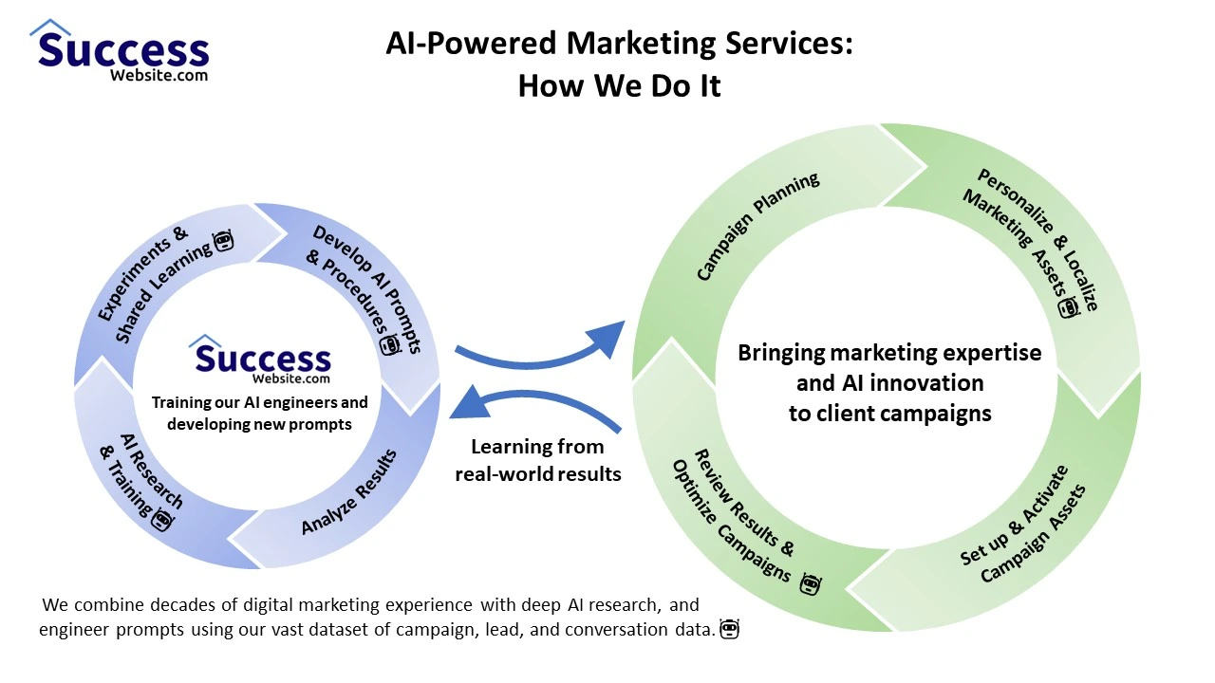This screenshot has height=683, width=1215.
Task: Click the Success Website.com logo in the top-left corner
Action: tap(120, 52)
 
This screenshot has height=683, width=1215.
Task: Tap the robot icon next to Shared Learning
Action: tap(223, 242)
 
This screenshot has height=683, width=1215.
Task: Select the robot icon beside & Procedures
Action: tap(390, 344)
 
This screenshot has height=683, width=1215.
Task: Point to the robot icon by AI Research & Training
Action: tap(162, 519)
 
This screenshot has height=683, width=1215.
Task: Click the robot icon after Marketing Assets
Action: tap(1070, 306)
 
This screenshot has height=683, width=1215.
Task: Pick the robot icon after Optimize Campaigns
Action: tap(810, 584)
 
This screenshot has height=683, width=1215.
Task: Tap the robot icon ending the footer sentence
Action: tap(729, 629)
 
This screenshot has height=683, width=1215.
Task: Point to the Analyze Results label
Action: tap(349, 491)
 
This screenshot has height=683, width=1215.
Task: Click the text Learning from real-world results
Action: tap(537, 460)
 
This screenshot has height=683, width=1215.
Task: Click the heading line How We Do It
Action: tap(619, 86)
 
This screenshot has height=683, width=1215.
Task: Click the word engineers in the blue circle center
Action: tap(289, 402)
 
